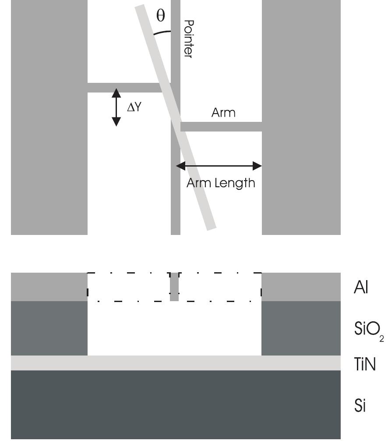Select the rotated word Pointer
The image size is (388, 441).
[x=188, y=39]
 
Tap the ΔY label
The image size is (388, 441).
[x=134, y=107]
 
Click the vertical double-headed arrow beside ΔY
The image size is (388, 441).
[x=116, y=107]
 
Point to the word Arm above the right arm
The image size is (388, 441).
[x=223, y=113]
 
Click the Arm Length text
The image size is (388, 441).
[x=221, y=183]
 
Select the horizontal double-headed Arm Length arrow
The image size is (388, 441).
[x=219, y=166]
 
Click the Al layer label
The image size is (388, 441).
[x=361, y=287]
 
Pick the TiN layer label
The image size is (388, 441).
[x=365, y=364]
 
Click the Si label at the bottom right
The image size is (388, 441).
[x=360, y=405]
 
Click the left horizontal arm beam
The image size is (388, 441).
[x=125, y=88]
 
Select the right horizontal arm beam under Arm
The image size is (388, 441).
[x=221, y=127]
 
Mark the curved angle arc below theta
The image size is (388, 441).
[x=162, y=32]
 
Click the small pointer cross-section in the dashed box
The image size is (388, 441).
[x=174, y=287]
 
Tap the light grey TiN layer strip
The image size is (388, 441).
[x=176, y=363]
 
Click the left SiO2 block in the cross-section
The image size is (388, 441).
[x=49, y=328]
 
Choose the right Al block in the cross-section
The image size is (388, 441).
[x=301, y=287]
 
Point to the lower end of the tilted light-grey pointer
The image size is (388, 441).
[x=212, y=229]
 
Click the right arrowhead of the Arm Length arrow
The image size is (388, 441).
[x=257, y=166]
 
